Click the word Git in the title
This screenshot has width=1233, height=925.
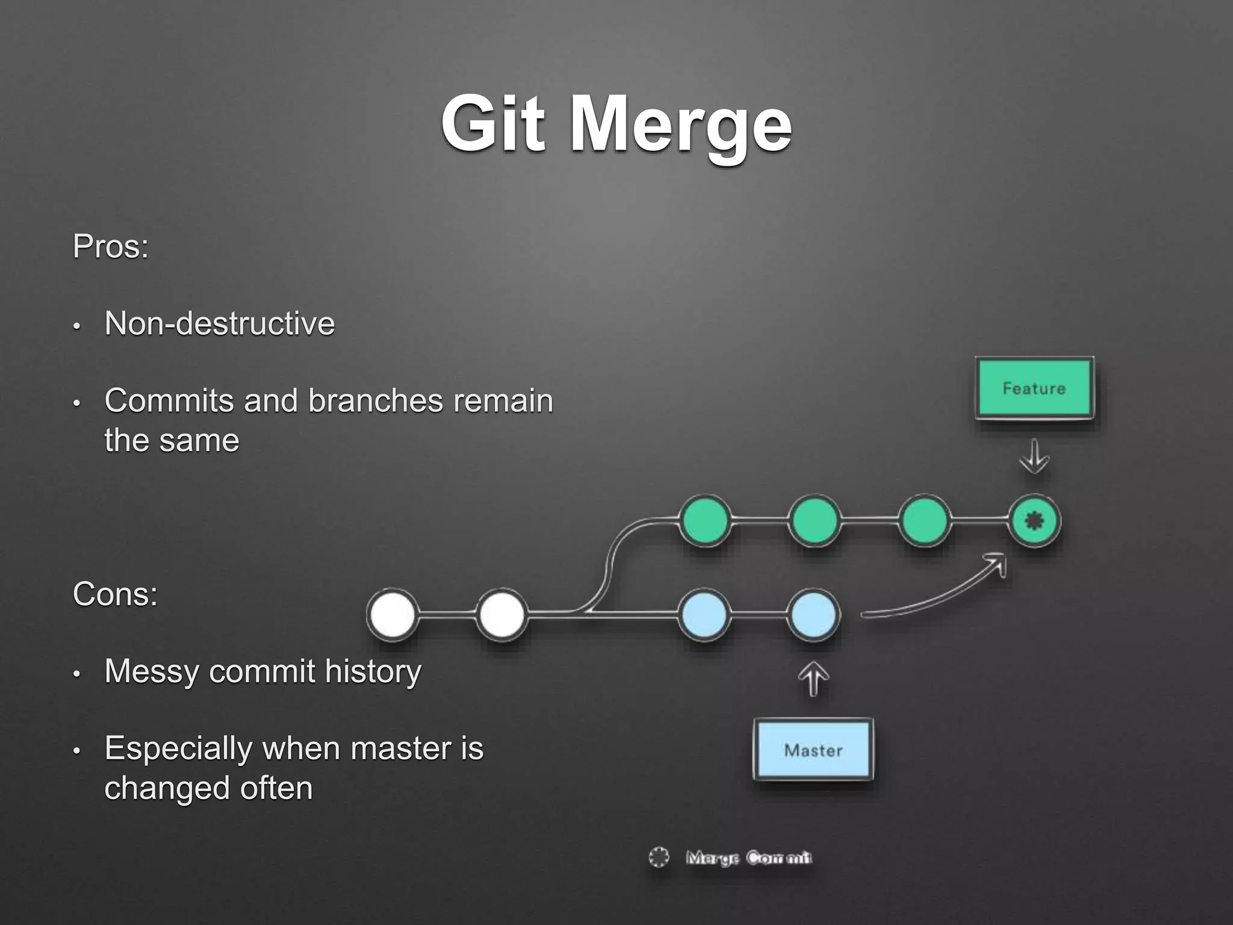point(493,125)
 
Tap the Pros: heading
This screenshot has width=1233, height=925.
point(111,247)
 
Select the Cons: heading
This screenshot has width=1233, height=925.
point(115,594)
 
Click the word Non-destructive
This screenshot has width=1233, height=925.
point(219,323)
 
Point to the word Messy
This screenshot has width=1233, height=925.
point(150,671)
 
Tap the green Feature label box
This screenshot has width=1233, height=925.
point(1034,388)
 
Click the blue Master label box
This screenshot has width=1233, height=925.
point(813,750)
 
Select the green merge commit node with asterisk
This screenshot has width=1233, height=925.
point(1034,521)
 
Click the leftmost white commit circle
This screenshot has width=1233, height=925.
point(393,615)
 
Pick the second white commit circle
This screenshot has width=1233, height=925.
point(501,615)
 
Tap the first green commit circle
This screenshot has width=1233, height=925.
point(705,521)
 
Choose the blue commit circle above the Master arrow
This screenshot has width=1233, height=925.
point(813,615)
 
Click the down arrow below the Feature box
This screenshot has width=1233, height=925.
point(1034,457)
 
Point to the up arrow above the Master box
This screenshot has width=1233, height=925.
point(813,679)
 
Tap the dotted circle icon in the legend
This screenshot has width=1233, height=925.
point(659,857)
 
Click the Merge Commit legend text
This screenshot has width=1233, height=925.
point(748,858)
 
